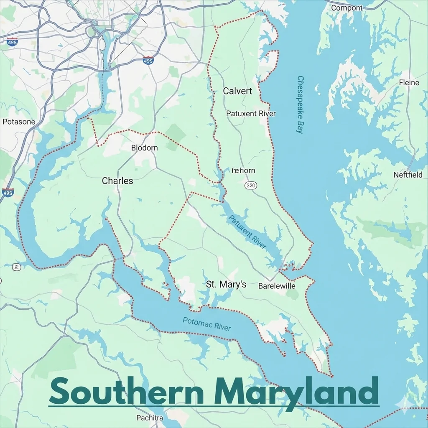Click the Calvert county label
pyautogui.click(x=237, y=91)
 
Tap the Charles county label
pyautogui.click(x=117, y=181)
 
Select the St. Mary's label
pyautogui.click(x=226, y=285)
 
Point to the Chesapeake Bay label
pyautogui.click(x=300, y=104)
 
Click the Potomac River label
pyautogui.click(x=206, y=324)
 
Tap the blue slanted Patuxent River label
pyautogui.click(x=247, y=232)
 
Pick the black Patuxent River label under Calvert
pyautogui.click(x=251, y=113)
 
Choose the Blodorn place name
pyautogui.click(x=144, y=148)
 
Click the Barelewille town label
pyautogui.click(x=277, y=286)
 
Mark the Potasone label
pyautogui.click(x=19, y=122)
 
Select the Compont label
pyautogui.click(x=347, y=8)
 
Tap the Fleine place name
pyautogui.click(x=409, y=83)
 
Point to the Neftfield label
pyautogui.click(x=408, y=175)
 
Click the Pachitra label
pyautogui.click(x=150, y=418)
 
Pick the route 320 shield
pyautogui.click(x=251, y=185)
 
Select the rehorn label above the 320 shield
pyautogui.click(x=243, y=171)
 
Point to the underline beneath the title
pyautogui.click(x=214, y=405)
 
